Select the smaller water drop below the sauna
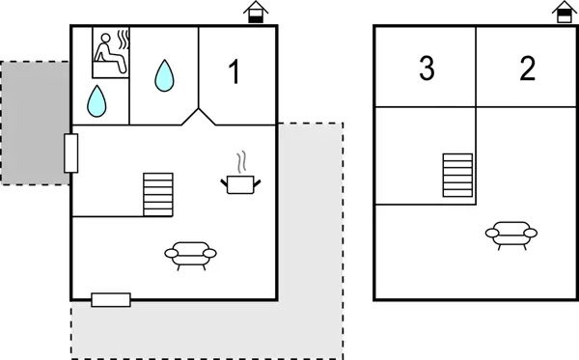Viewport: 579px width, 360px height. pos(96,99)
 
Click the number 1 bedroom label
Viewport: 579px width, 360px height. pos(233,71)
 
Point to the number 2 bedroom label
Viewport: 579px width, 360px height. pos(527,69)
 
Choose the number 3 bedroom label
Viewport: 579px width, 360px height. pos(427,69)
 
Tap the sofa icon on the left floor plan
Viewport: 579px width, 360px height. pos(190,254)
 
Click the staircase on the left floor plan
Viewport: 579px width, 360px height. pos(158,195)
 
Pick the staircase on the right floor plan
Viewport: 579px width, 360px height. pos(457,176)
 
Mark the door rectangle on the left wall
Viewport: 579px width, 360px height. pos(70,152)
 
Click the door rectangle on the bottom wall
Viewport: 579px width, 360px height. pos(111,299)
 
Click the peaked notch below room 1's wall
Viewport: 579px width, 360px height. pos(200,117)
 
